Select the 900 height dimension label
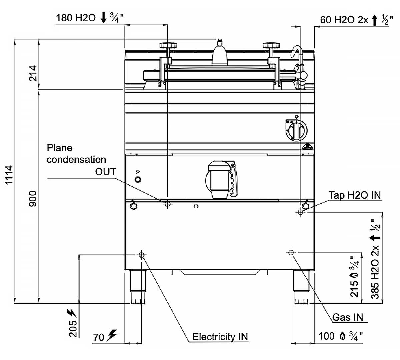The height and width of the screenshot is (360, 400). (x=33, y=198)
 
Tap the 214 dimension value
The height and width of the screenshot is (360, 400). (x=33, y=73)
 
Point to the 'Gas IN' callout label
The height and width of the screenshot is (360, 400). (x=348, y=317)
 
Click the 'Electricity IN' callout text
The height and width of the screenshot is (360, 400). (x=220, y=337)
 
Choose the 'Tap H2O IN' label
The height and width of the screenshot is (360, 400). (x=355, y=195)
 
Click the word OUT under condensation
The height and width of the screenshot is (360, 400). (x=105, y=172)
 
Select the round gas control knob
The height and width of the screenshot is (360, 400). (x=296, y=130)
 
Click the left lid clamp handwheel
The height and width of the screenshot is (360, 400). (x=168, y=45)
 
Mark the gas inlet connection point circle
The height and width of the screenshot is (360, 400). (x=291, y=253)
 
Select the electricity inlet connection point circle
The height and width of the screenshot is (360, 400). (x=142, y=255)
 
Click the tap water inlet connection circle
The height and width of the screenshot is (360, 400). (x=300, y=212)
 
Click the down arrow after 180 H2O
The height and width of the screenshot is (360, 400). (x=104, y=18)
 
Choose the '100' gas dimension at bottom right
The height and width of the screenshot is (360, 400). (x=326, y=336)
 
